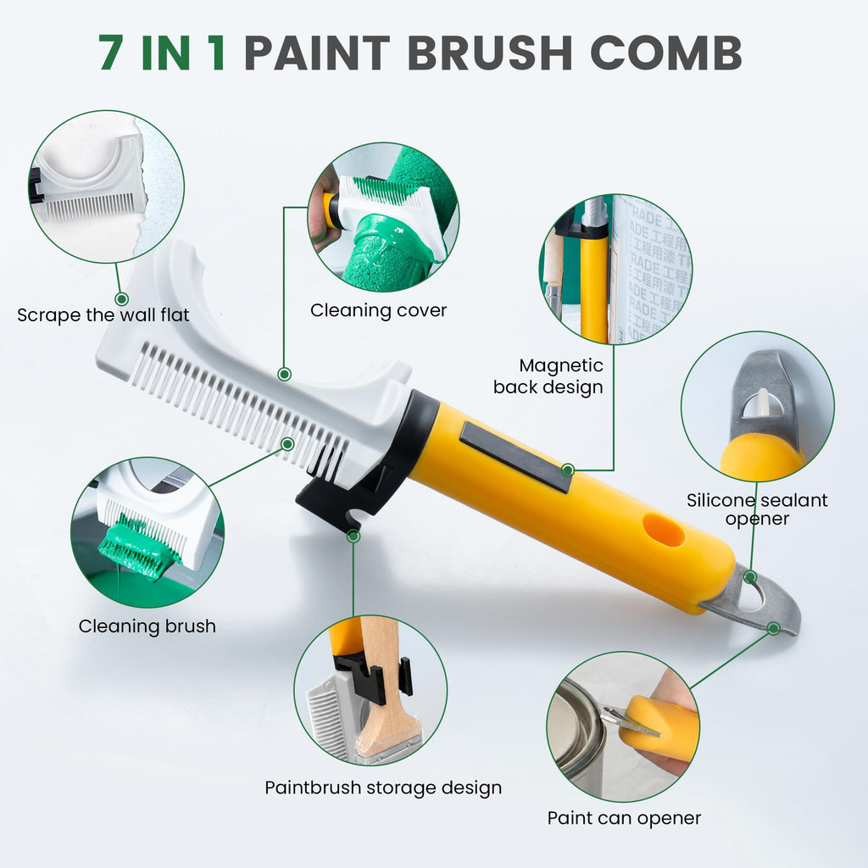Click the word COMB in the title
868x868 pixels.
666,53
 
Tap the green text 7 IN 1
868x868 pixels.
162,53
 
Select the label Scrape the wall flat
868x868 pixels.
103,315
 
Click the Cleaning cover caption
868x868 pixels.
378,310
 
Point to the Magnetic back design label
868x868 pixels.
548,376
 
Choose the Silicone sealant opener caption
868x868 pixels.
757,509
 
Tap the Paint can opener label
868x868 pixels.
624,818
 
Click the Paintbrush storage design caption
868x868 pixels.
383,787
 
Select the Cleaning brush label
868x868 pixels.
147,626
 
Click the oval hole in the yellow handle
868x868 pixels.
664,529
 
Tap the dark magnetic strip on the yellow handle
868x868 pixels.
515,457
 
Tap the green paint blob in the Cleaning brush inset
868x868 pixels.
138,548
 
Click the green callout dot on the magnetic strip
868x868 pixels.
567,470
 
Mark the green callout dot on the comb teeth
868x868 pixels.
287,444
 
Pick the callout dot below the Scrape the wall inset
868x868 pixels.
121,299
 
